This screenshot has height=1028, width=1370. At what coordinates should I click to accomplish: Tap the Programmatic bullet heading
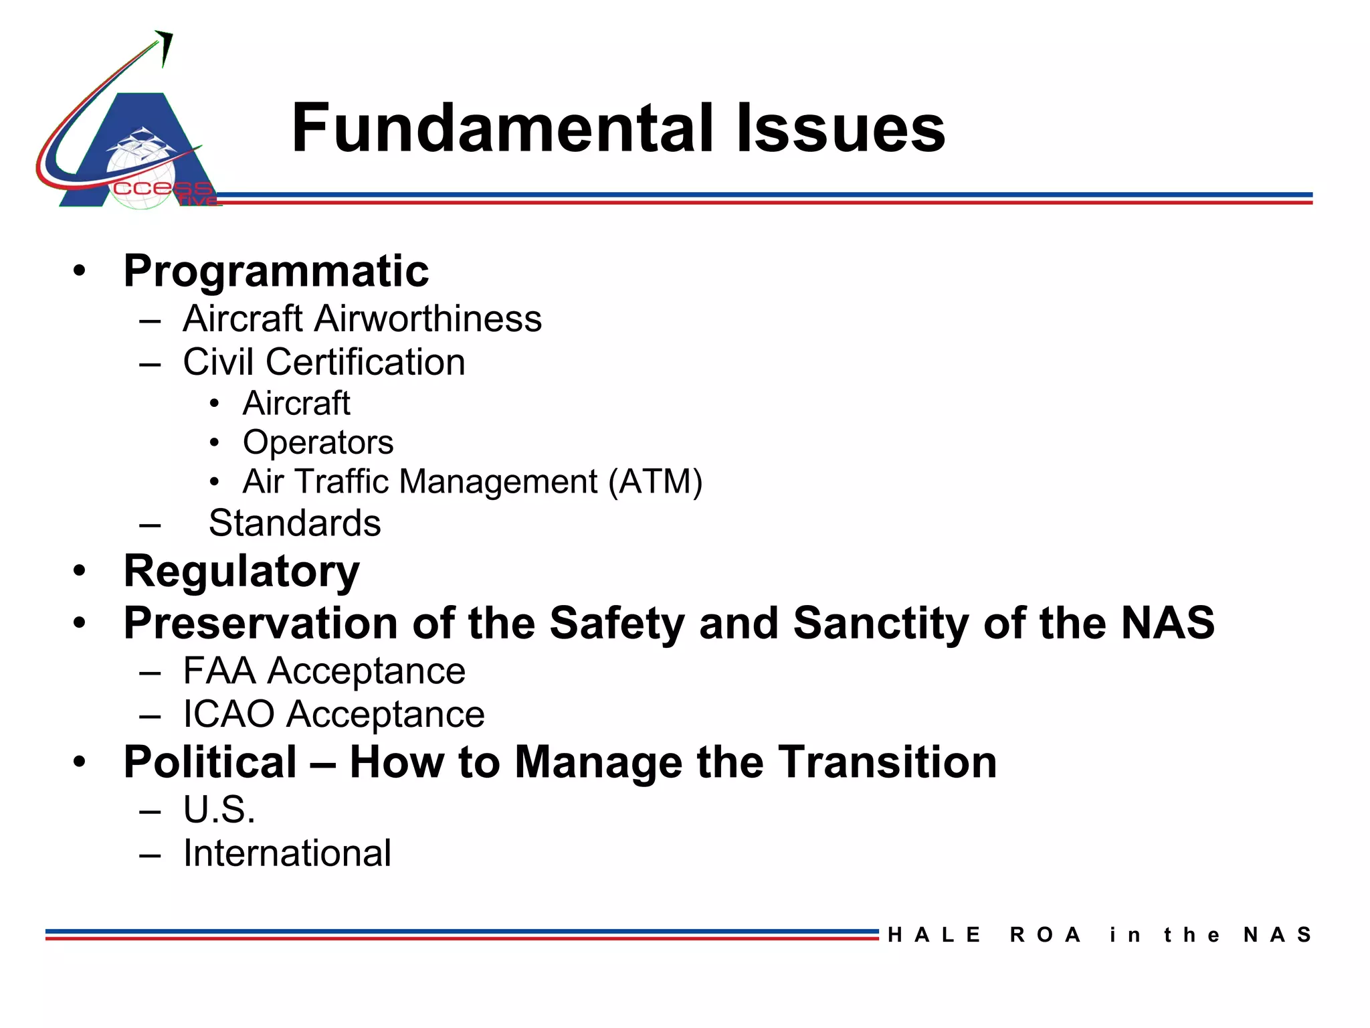(x=276, y=272)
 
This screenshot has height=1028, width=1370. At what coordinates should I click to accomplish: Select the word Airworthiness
(x=428, y=319)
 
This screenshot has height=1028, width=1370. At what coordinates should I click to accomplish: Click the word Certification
(x=365, y=362)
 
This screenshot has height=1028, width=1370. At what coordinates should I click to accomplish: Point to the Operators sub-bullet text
(x=318, y=442)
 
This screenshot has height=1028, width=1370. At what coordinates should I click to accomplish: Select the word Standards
(x=294, y=523)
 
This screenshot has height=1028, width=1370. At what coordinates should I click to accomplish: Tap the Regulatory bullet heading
(x=241, y=572)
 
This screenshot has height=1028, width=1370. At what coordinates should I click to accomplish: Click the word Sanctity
(x=880, y=623)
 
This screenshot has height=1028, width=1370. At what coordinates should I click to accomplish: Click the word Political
(x=210, y=762)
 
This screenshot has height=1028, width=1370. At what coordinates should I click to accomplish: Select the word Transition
(x=888, y=762)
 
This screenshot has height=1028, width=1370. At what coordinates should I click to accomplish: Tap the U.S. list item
(x=219, y=810)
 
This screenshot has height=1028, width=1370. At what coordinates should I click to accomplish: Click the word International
(x=287, y=853)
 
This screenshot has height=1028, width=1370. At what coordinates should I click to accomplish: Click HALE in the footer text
(x=934, y=935)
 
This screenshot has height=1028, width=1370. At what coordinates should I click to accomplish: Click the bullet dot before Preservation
(x=80, y=623)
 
